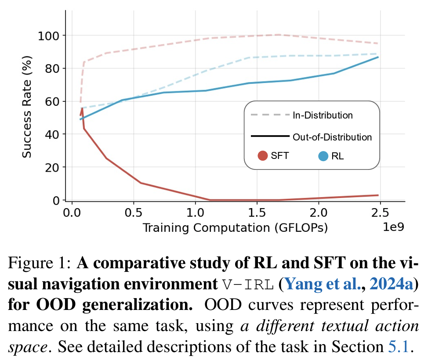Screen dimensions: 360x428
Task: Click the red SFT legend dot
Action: [263, 155]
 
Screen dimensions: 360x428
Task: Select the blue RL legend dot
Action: [323, 155]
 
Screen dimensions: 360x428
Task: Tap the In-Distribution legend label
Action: [322, 115]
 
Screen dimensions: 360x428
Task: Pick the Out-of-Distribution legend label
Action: [332, 137]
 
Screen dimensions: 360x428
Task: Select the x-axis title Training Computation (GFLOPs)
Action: [236, 227]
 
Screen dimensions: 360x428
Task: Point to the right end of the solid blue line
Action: [378, 57]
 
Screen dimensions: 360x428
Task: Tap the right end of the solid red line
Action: [378, 195]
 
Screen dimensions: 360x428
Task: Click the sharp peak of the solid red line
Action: [82, 108]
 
